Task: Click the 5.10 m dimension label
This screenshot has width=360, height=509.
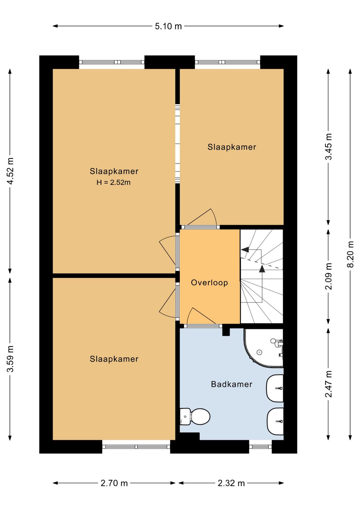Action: (168, 26)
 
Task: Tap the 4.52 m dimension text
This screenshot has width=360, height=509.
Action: (10, 171)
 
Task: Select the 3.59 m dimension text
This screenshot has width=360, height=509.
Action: (10, 359)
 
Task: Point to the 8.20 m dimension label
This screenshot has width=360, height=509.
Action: (350, 254)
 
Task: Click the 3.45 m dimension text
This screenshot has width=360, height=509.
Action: (328, 146)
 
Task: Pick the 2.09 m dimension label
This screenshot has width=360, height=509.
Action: (328, 276)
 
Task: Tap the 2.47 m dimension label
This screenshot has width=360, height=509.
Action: (328, 384)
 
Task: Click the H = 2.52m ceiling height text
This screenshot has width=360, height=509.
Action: (114, 182)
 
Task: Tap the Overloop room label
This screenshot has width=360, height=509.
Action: (209, 283)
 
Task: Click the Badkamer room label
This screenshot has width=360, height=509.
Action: (231, 384)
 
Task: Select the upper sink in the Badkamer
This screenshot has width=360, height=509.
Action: (275, 388)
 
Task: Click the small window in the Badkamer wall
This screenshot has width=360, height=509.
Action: (260, 447)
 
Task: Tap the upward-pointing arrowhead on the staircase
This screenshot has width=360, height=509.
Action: (262, 269)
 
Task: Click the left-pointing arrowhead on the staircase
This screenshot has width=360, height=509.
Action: (245, 249)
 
